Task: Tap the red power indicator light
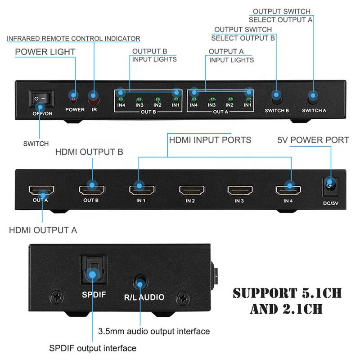(x=74, y=96)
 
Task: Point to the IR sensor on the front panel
(x=94, y=96)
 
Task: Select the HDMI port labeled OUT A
(x=41, y=189)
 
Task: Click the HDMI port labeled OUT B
(x=92, y=189)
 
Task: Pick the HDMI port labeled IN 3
(x=240, y=189)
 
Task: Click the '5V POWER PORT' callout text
(x=313, y=140)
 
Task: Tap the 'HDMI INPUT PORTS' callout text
(x=210, y=140)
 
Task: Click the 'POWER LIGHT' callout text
(x=45, y=52)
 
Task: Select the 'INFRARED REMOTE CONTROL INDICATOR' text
(x=73, y=39)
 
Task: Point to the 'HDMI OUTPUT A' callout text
(x=43, y=230)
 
